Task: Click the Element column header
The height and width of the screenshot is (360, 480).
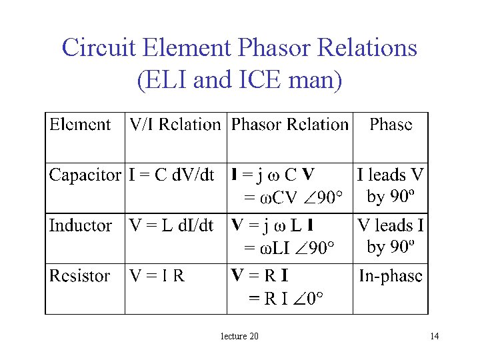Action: coord(80,125)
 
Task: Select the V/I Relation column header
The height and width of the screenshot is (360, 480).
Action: coord(175,125)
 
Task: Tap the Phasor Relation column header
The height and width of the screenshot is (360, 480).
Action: coord(289,125)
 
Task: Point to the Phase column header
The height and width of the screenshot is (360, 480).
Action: coord(391,125)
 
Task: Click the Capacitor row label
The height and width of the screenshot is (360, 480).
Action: coord(85,175)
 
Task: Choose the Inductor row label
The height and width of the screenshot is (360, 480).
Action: coord(80,226)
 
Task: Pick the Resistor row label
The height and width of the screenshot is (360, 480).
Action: coord(80,276)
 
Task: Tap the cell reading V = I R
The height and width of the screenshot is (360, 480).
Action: coord(157,276)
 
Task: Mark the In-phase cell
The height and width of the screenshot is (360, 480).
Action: coord(391,276)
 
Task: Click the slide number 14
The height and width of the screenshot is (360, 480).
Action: coord(434,336)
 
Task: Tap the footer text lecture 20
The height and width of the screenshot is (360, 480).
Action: coord(239,336)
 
